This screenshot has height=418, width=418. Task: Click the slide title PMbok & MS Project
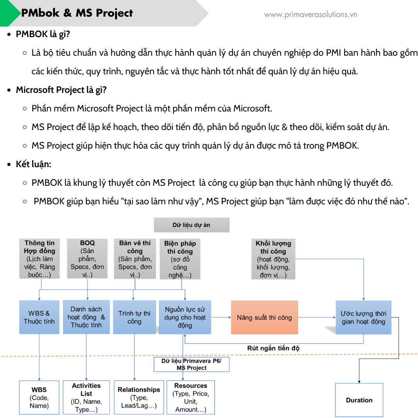pos(77,13)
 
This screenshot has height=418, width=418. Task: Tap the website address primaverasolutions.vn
pos(310,15)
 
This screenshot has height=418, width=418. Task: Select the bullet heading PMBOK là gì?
pos(43,34)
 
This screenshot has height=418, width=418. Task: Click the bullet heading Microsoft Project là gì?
pos(61,90)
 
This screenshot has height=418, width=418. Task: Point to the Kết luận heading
pos(33,164)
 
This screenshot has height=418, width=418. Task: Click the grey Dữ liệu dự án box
pos(192,225)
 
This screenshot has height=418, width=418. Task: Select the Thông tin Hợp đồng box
pos(39,259)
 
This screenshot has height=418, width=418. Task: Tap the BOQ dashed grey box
pos(87,259)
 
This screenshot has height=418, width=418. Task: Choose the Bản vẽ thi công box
pos(135,259)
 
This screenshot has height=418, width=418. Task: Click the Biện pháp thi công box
pos(180,259)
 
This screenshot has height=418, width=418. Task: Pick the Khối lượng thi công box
pos(273,259)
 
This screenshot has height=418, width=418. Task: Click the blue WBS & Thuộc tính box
pos(39,317)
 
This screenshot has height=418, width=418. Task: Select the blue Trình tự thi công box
pos(134,317)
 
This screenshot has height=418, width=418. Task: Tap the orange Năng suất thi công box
pos(264,317)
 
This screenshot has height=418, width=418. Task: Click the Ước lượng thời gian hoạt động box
pos(363,317)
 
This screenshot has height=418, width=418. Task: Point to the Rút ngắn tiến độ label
pos(273,348)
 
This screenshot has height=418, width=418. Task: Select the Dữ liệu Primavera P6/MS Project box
pos(192,364)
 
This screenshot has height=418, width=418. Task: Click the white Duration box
pos(359,400)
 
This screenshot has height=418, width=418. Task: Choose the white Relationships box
pos(139,397)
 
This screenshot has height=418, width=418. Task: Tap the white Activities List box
pos(86,397)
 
